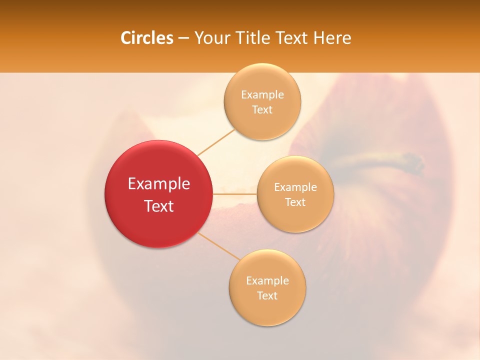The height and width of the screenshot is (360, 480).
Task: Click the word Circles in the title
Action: pyautogui.click(x=147, y=38)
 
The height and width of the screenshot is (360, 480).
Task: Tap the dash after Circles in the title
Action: pyautogui.click(x=183, y=38)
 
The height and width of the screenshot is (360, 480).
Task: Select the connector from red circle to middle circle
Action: pyautogui.click(x=234, y=193)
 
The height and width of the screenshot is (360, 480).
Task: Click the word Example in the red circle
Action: pyautogui.click(x=159, y=184)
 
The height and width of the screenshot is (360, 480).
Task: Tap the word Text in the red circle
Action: pyautogui.click(x=159, y=206)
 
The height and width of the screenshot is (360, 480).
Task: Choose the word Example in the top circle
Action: pyautogui.click(x=262, y=95)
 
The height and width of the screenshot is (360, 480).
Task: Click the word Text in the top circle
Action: pyautogui.click(x=262, y=110)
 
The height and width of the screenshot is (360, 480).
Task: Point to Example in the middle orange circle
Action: pyautogui.click(x=295, y=187)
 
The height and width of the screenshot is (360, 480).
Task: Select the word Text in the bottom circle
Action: pyautogui.click(x=267, y=295)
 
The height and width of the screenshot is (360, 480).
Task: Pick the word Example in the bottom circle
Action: pyautogui.click(x=267, y=281)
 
